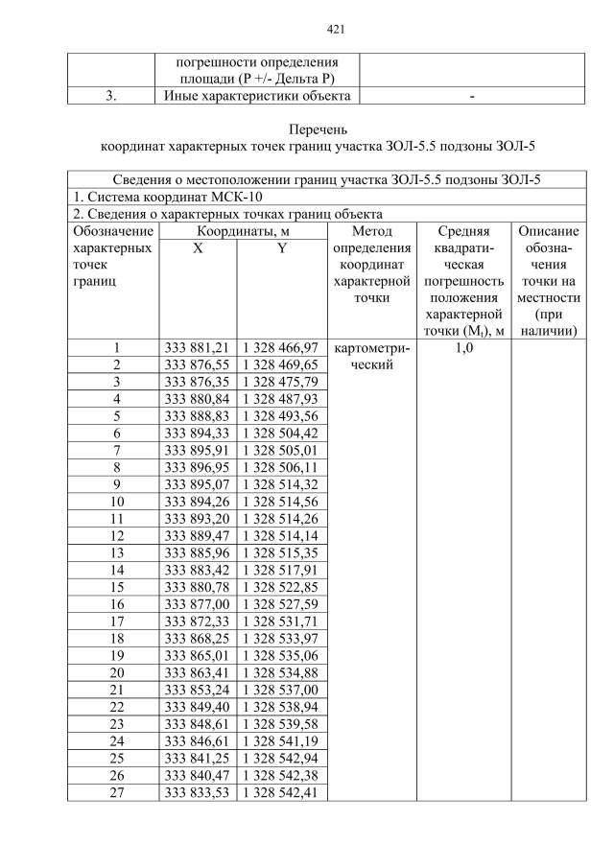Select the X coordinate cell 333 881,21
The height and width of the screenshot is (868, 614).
pyautogui.click(x=197, y=347)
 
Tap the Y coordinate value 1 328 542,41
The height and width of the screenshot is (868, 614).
pyautogui.click(x=281, y=792)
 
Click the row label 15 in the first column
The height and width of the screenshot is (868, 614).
pyautogui.click(x=116, y=587)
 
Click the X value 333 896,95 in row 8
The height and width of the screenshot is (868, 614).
pyautogui.click(x=197, y=467)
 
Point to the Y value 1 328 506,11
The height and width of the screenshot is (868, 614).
pyautogui.click(x=281, y=467)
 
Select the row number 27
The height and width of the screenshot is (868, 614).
pyautogui.click(x=116, y=792)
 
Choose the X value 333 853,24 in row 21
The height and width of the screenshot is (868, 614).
pyautogui.click(x=197, y=690)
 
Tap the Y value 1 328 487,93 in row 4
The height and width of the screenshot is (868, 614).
pyautogui.click(x=281, y=398)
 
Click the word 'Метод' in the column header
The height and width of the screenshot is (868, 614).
pyautogui.click(x=370, y=231)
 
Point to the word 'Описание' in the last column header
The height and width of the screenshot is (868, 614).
pyautogui.click(x=548, y=231)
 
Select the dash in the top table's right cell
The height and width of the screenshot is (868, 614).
pyautogui.click(x=472, y=96)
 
